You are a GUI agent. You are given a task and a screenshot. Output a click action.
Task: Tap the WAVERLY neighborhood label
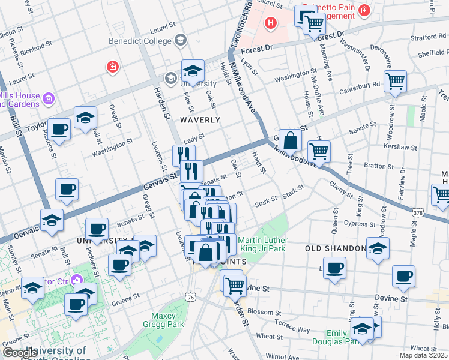click(x=200, y=120)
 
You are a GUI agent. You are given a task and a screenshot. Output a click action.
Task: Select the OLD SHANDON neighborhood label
click(x=336, y=248)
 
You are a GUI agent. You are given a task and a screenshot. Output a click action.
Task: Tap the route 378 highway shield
click(x=419, y=212)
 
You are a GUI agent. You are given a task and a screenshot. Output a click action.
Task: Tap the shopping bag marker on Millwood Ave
click(x=290, y=141)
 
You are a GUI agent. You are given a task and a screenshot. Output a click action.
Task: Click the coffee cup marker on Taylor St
click(x=59, y=129)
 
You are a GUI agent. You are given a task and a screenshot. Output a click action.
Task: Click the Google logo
click(x=20, y=353)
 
